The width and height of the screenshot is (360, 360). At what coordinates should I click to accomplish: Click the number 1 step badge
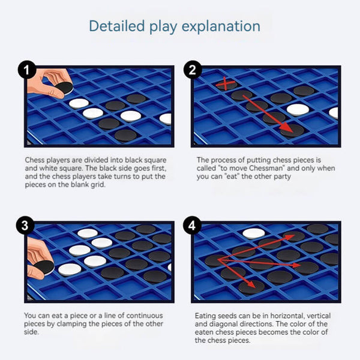(27, 70)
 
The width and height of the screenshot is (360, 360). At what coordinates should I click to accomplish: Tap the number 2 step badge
(193, 70)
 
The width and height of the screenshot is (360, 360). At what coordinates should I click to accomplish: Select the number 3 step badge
(25, 225)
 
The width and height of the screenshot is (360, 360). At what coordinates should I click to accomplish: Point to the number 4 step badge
(192, 225)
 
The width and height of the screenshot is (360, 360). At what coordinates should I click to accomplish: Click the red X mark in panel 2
(226, 83)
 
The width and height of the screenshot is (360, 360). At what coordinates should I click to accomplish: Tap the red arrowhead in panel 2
(287, 127)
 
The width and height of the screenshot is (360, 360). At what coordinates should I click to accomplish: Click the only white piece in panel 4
(254, 233)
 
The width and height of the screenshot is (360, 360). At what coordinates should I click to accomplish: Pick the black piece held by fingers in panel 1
(64, 88)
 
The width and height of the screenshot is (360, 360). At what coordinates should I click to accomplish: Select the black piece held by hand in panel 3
(44, 267)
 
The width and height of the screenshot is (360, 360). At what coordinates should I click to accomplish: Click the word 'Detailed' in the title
(117, 26)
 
